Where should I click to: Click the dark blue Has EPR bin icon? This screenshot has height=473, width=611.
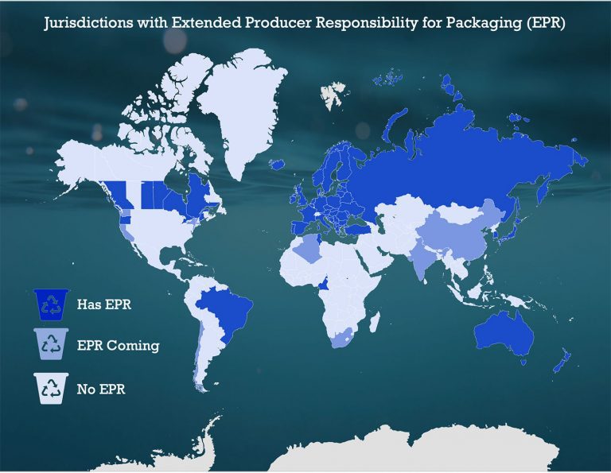52,303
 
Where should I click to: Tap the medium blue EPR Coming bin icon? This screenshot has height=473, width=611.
52,345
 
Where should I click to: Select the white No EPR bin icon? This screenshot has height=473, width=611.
52,389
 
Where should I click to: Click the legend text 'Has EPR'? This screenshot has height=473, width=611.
100,304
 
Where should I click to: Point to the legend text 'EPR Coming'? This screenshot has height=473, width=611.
118,346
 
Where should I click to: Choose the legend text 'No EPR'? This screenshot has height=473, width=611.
101,390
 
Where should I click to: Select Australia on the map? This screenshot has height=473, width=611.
512,331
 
